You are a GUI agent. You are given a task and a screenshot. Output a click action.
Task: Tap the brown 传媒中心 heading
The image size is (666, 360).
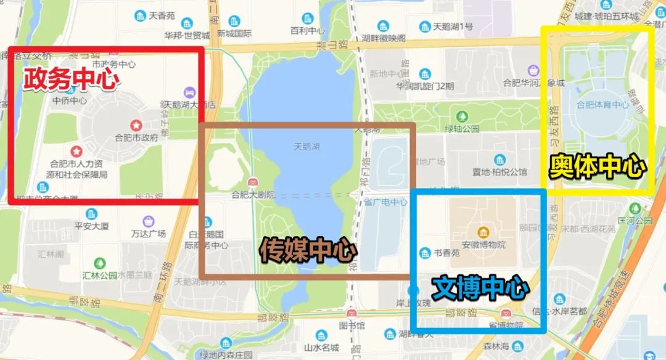[x=308, y=250]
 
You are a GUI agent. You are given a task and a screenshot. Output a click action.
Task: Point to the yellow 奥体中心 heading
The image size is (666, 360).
[x=598, y=167]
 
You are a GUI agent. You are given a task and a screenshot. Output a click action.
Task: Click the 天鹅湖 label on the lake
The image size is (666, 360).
[x=306, y=147]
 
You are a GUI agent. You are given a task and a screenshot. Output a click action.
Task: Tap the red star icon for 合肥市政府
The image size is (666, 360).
[x=136, y=126]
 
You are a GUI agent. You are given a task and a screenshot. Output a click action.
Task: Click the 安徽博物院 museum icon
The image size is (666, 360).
[x=484, y=232]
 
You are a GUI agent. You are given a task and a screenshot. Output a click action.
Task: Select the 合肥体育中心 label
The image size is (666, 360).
[x=602, y=105]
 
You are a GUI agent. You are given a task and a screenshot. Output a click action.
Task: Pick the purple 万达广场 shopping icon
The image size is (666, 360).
[x=148, y=221]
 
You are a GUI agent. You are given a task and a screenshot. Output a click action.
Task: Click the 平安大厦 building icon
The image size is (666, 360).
[x=91, y=213]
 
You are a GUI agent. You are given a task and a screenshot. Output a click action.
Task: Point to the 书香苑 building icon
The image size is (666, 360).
[x=424, y=253]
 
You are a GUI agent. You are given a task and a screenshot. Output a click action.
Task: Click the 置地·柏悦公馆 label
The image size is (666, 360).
[x=500, y=172]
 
